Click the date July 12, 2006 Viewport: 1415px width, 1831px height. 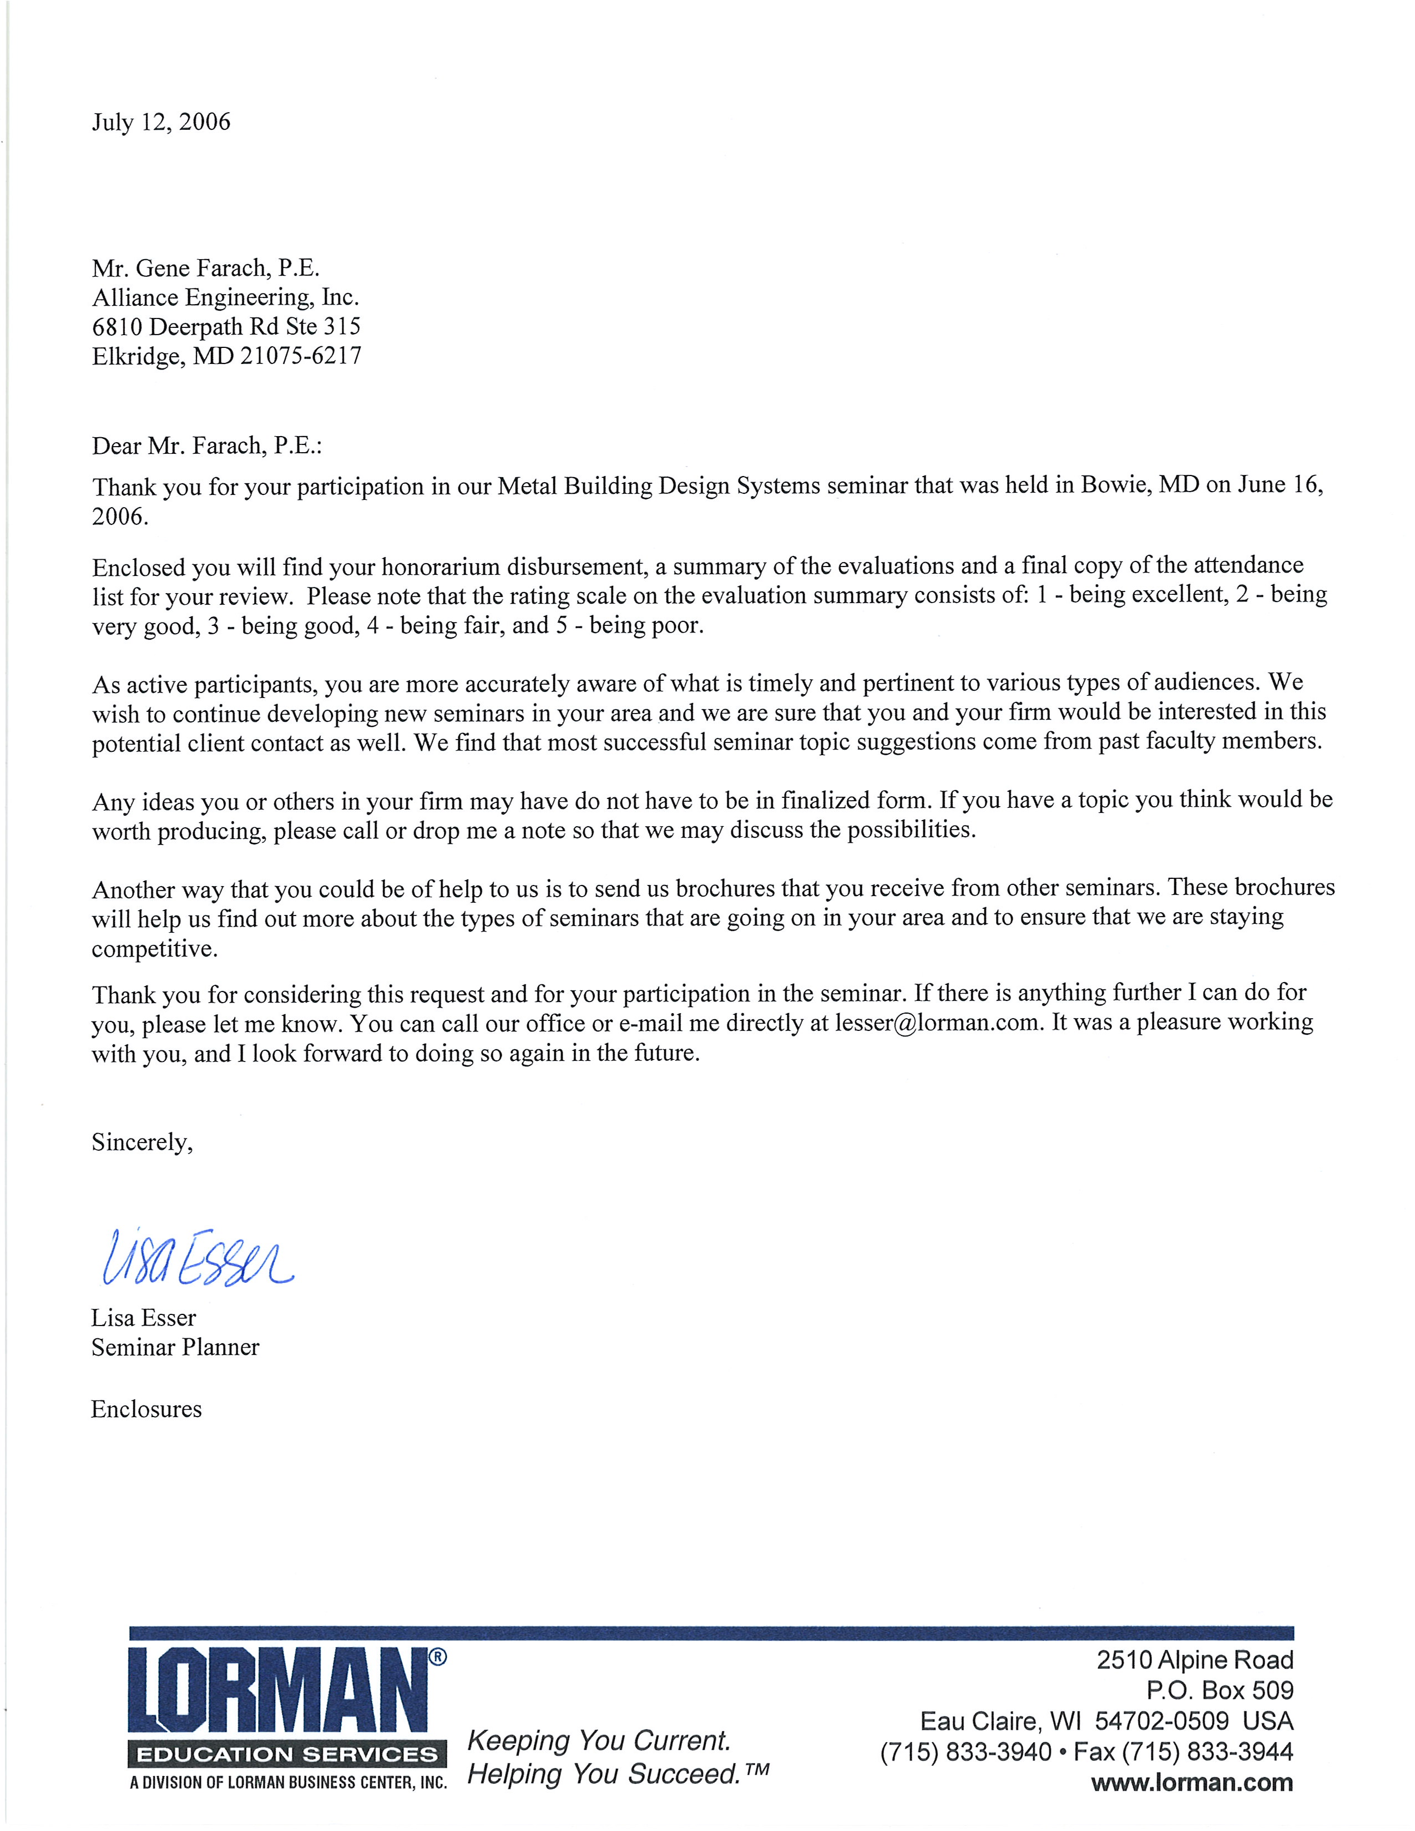161,123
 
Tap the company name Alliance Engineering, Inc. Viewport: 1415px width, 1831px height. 225,297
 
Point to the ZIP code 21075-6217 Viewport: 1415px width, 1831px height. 301,356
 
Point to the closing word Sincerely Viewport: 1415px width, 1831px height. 141,1142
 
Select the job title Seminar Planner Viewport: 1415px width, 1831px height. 175,1347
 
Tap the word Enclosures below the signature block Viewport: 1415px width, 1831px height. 146,1409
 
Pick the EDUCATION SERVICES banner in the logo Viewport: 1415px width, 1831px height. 287,1754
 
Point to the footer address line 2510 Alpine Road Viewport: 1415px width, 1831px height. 1195,1660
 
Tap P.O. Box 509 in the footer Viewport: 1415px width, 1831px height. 1220,1690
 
